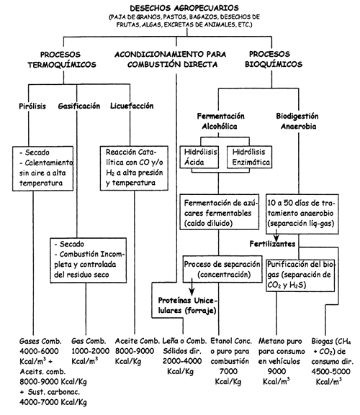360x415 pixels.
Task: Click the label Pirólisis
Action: (x=32, y=106)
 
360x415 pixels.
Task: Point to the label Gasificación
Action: (x=78, y=106)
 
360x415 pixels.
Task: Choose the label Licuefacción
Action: (x=132, y=106)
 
